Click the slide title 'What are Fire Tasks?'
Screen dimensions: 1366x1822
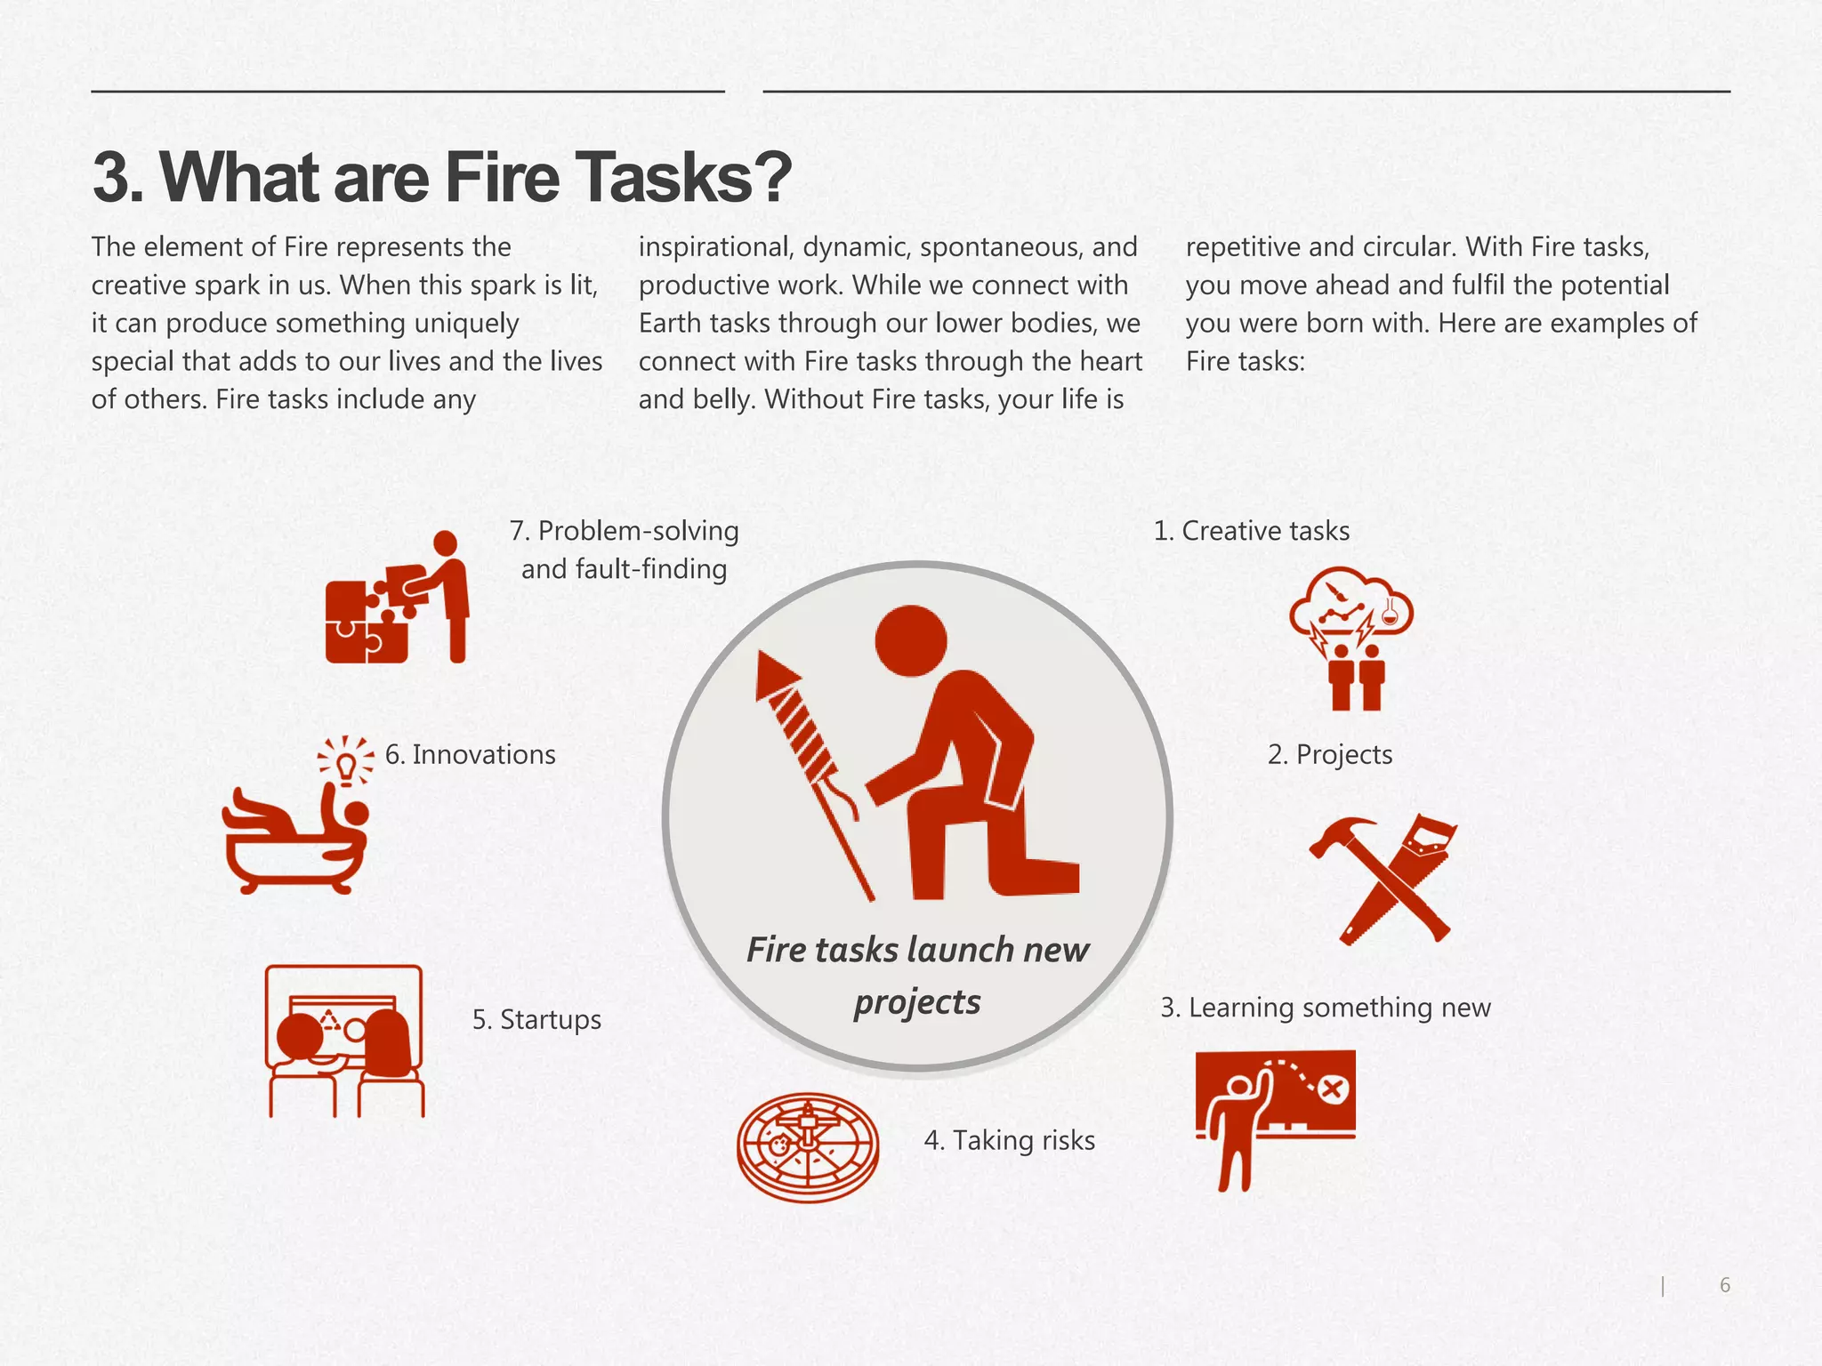point(441,177)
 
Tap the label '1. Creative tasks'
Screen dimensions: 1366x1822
point(1251,531)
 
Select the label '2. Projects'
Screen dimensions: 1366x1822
point(1329,755)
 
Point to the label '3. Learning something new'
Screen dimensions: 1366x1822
point(1325,1008)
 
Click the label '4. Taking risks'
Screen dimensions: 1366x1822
point(1009,1140)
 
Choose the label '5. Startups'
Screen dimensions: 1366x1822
point(536,1019)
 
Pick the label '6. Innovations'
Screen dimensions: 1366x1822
point(470,755)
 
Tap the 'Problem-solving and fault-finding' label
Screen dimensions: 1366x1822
point(624,550)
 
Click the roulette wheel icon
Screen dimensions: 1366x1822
point(808,1146)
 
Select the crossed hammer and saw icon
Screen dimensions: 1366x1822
point(1383,880)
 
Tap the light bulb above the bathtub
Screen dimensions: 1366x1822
point(346,761)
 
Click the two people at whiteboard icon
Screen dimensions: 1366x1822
point(345,1041)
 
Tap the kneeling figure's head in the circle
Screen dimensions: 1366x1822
point(911,640)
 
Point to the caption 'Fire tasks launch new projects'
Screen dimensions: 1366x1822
point(917,975)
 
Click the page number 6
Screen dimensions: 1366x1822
point(1724,1285)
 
